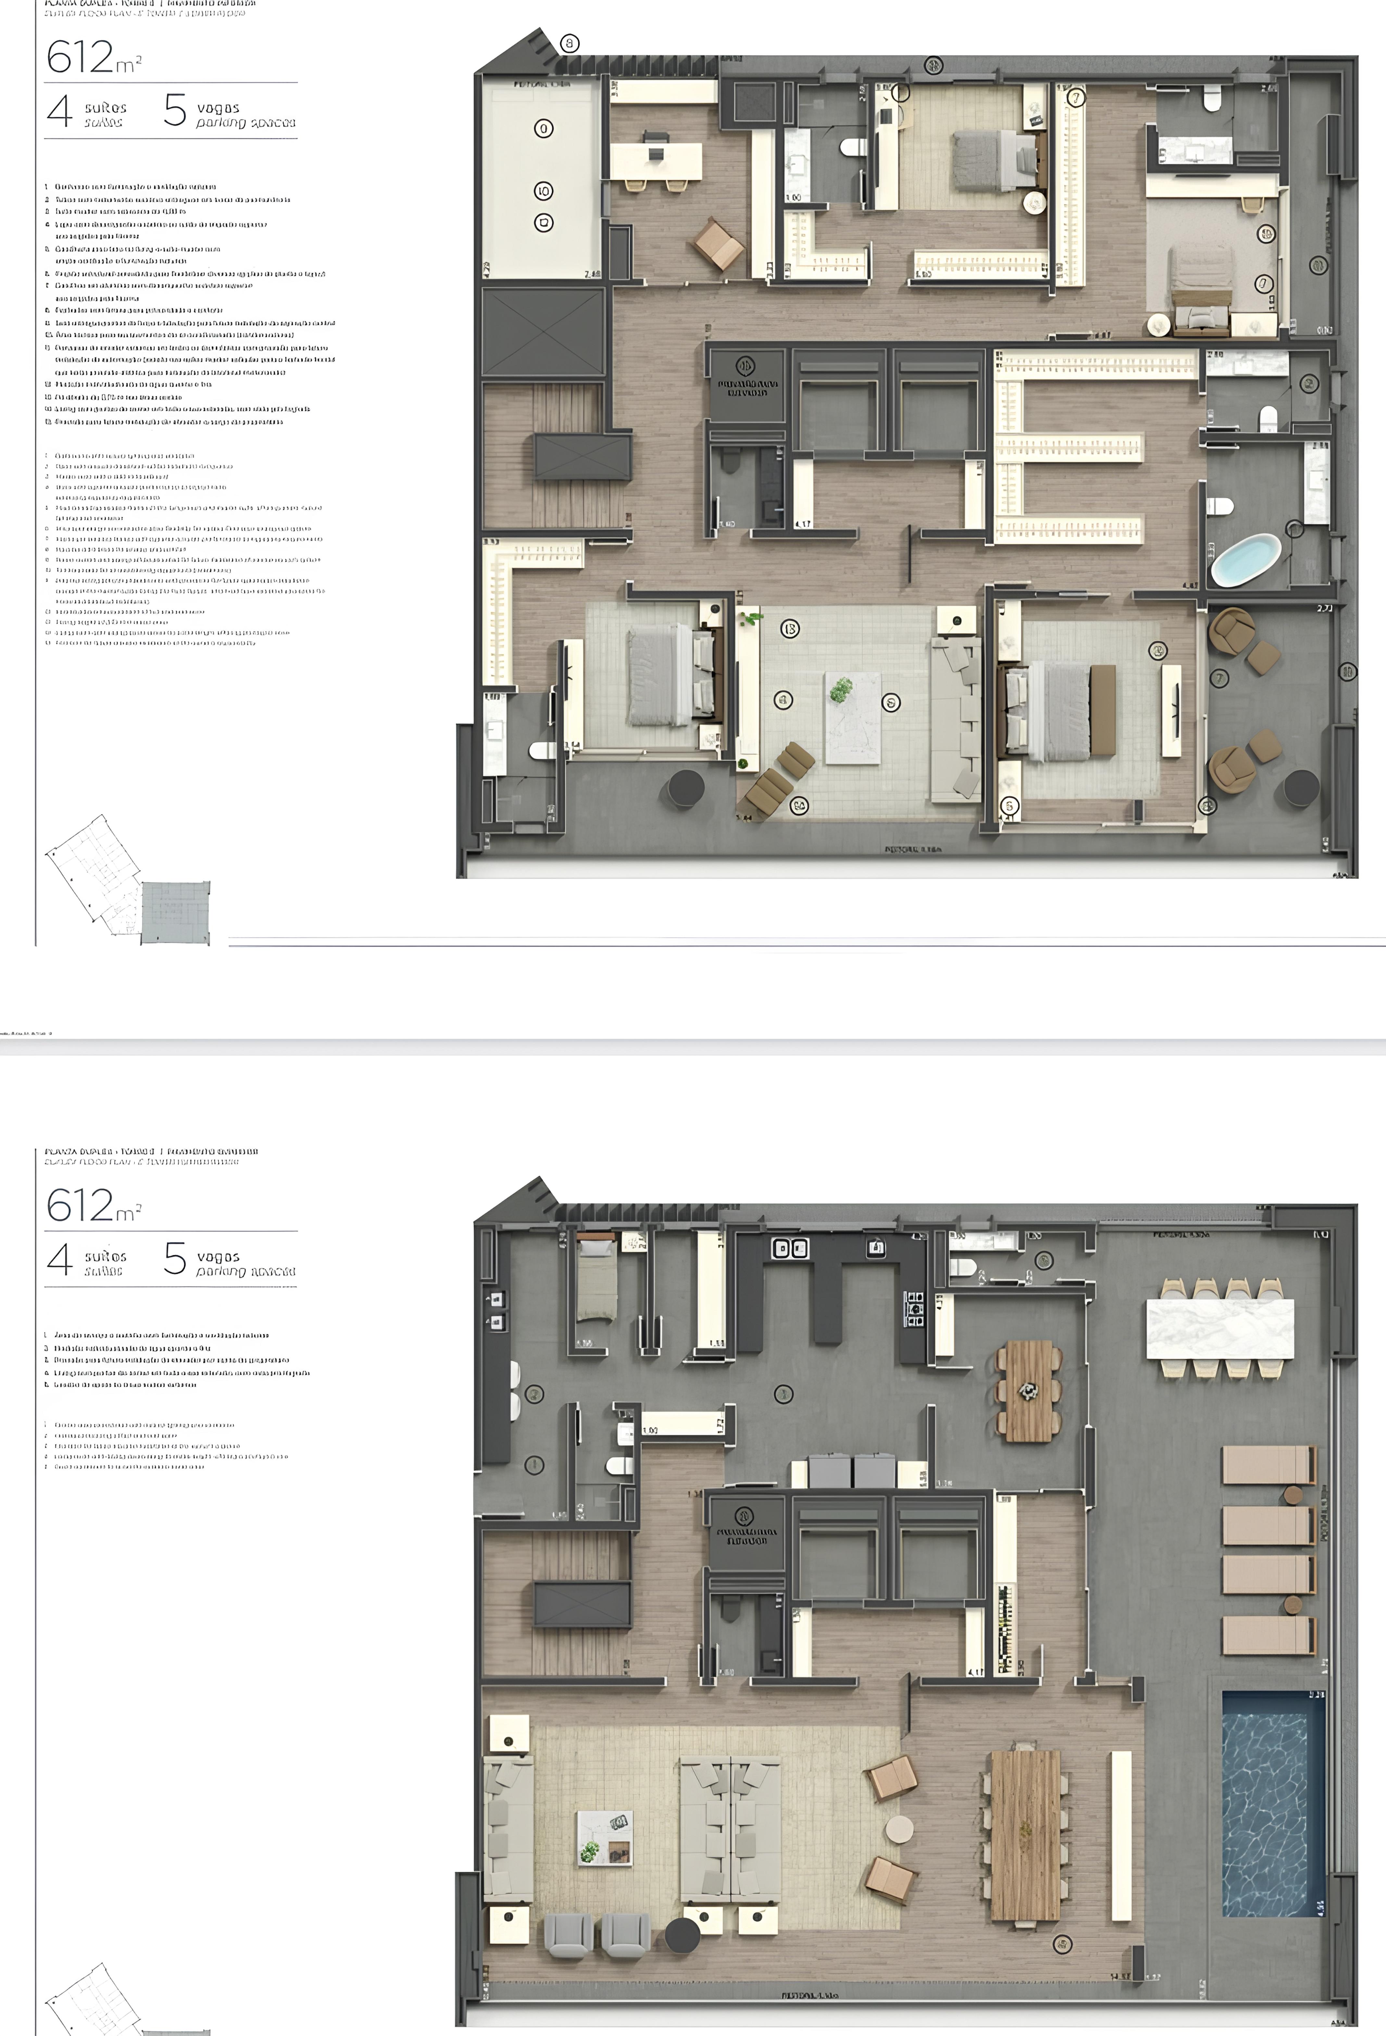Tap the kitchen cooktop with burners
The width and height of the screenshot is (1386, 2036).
click(x=915, y=1309)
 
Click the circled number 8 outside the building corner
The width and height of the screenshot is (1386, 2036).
click(x=570, y=43)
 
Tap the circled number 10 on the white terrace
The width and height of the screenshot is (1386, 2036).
click(x=543, y=191)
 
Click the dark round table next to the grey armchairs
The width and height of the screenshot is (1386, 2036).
click(x=683, y=1935)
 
